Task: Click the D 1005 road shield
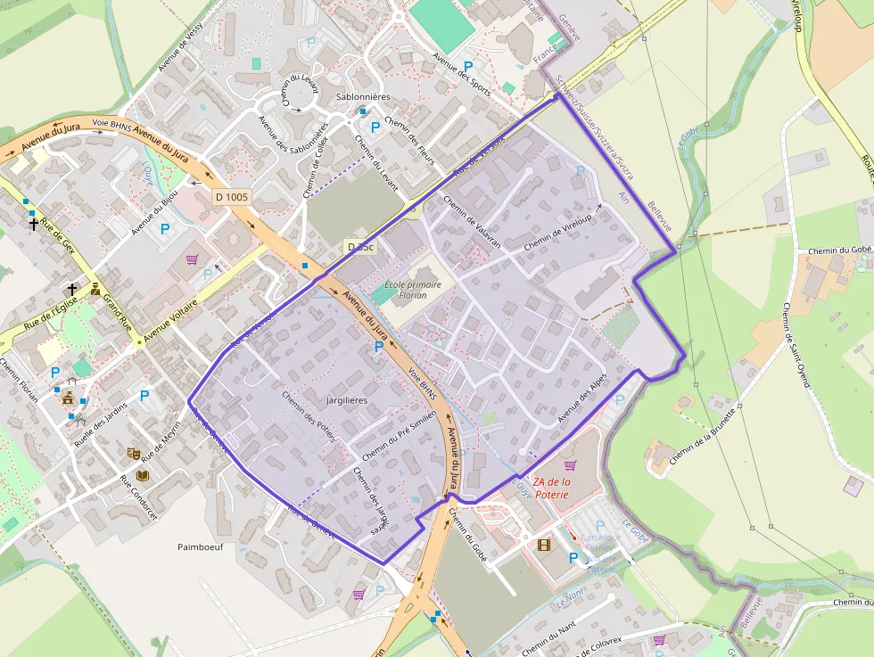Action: point(232,197)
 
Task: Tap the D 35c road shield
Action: point(360,246)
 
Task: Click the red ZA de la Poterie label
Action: point(564,488)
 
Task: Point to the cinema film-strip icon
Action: point(543,544)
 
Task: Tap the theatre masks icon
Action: point(133,454)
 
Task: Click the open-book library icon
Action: point(143,476)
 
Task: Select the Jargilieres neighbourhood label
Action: point(347,401)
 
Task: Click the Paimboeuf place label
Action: point(200,546)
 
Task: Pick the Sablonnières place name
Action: point(364,96)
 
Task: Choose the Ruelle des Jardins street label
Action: point(101,421)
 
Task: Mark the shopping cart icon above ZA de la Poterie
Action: point(570,464)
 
